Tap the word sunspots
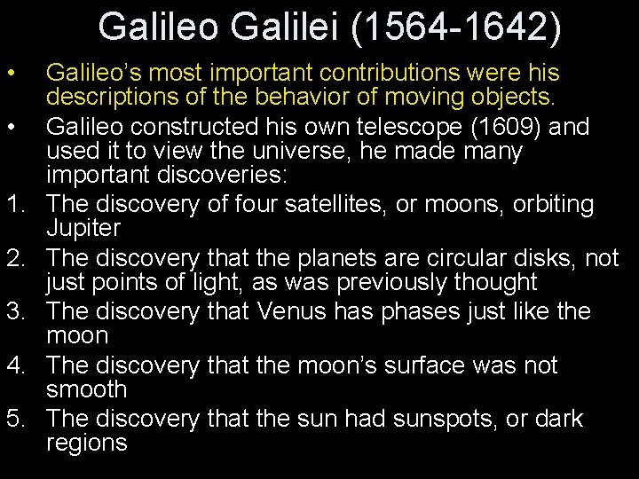(446, 417)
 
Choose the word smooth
(85, 390)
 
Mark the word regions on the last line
(86, 444)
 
